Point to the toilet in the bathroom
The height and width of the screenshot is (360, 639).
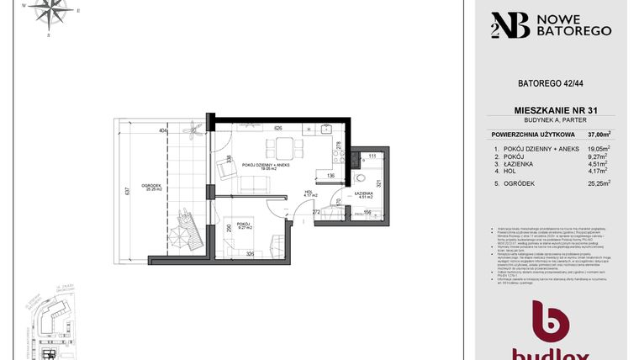(359, 178)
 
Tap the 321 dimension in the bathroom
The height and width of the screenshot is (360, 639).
(379, 183)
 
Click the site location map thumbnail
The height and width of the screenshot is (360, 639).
(50, 324)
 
